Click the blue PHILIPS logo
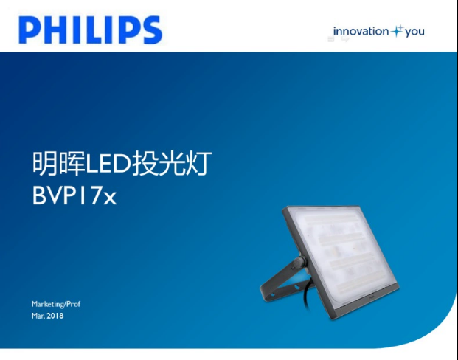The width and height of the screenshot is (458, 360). point(90,30)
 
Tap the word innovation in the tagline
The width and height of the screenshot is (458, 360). point(361,31)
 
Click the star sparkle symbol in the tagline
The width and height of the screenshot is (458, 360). point(397,31)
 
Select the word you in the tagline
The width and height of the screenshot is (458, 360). point(414,32)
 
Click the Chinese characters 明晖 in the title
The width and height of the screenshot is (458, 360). point(58,163)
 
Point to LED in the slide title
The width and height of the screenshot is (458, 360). point(108,165)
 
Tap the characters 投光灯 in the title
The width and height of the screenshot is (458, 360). point(172,163)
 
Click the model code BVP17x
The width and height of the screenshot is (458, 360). point(74,195)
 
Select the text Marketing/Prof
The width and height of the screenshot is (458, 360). point(56,304)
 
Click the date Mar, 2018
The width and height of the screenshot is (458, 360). point(48,316)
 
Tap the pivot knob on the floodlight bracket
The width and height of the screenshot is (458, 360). point(299,262)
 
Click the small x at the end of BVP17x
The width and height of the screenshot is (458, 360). point(110,198)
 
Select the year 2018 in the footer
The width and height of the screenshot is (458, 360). point(55,316)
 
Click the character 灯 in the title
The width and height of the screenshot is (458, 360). point(199,163)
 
